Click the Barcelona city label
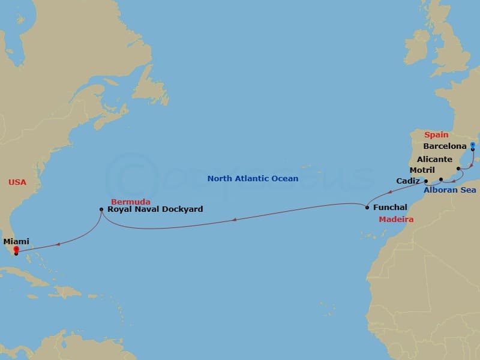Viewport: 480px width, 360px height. coord(445,146)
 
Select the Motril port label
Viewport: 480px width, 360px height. coord(423,170)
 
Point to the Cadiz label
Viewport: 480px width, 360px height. coord(408,181)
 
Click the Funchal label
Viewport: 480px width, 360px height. coord(390,207)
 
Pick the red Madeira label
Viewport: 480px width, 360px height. coord(395,220)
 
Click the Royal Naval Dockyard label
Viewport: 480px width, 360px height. coord(155,209)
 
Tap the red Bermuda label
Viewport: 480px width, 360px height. coord(130,201)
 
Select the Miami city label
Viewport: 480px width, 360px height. coord(16,241)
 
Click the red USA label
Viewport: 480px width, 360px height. coord(17,182)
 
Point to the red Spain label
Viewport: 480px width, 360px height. coord(436,135)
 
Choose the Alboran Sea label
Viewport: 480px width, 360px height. coord(449,190)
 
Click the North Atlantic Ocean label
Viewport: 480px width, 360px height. coord(253,178)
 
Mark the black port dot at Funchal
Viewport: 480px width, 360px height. coord(367,208)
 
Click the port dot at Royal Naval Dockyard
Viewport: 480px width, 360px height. coord(101,209)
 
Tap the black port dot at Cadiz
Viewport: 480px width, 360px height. coord(425,181)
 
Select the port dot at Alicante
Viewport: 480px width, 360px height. coord(458,169)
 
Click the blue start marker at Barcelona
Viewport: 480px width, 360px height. coord(473,145)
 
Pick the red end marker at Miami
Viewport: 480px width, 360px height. coord(16,250)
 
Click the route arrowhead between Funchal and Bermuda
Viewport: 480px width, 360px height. coord(233,220)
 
